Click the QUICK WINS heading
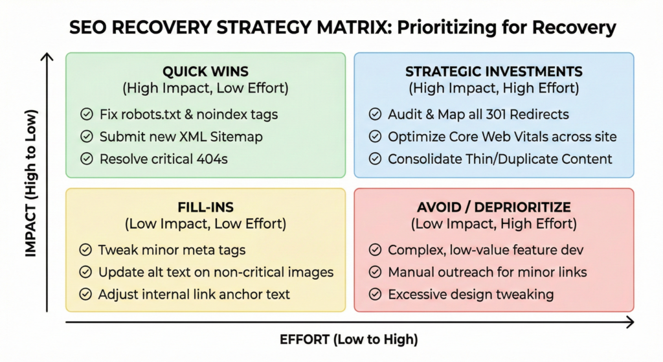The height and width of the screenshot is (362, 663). tap(205, 71)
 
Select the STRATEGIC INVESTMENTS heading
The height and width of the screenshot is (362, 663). tap(494, 71)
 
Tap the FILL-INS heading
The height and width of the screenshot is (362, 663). tap(205, 207)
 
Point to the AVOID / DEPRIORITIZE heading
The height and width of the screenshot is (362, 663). tap(494, 207)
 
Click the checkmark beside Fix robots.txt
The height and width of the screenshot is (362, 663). tap(87, 114)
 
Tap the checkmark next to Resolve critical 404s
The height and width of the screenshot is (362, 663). tap(87, 159)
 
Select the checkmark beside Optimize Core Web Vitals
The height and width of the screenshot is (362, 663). tap(375, 137)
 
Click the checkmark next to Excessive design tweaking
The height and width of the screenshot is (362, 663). tap(375, 295)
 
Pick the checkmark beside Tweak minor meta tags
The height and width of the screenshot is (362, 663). tap(85, 250)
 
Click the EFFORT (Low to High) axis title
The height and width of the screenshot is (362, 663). tap(349, 339)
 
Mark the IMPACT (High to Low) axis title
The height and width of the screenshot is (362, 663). tap(31, 183)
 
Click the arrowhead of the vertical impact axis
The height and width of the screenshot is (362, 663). tap(47, 56)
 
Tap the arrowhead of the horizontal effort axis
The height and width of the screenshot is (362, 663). tap(631, 322)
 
